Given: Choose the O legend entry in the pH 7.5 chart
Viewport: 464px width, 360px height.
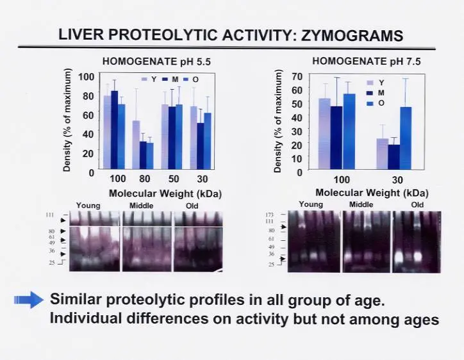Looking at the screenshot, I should point(381,103).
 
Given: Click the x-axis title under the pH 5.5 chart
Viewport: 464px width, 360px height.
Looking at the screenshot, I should point(160,192).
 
